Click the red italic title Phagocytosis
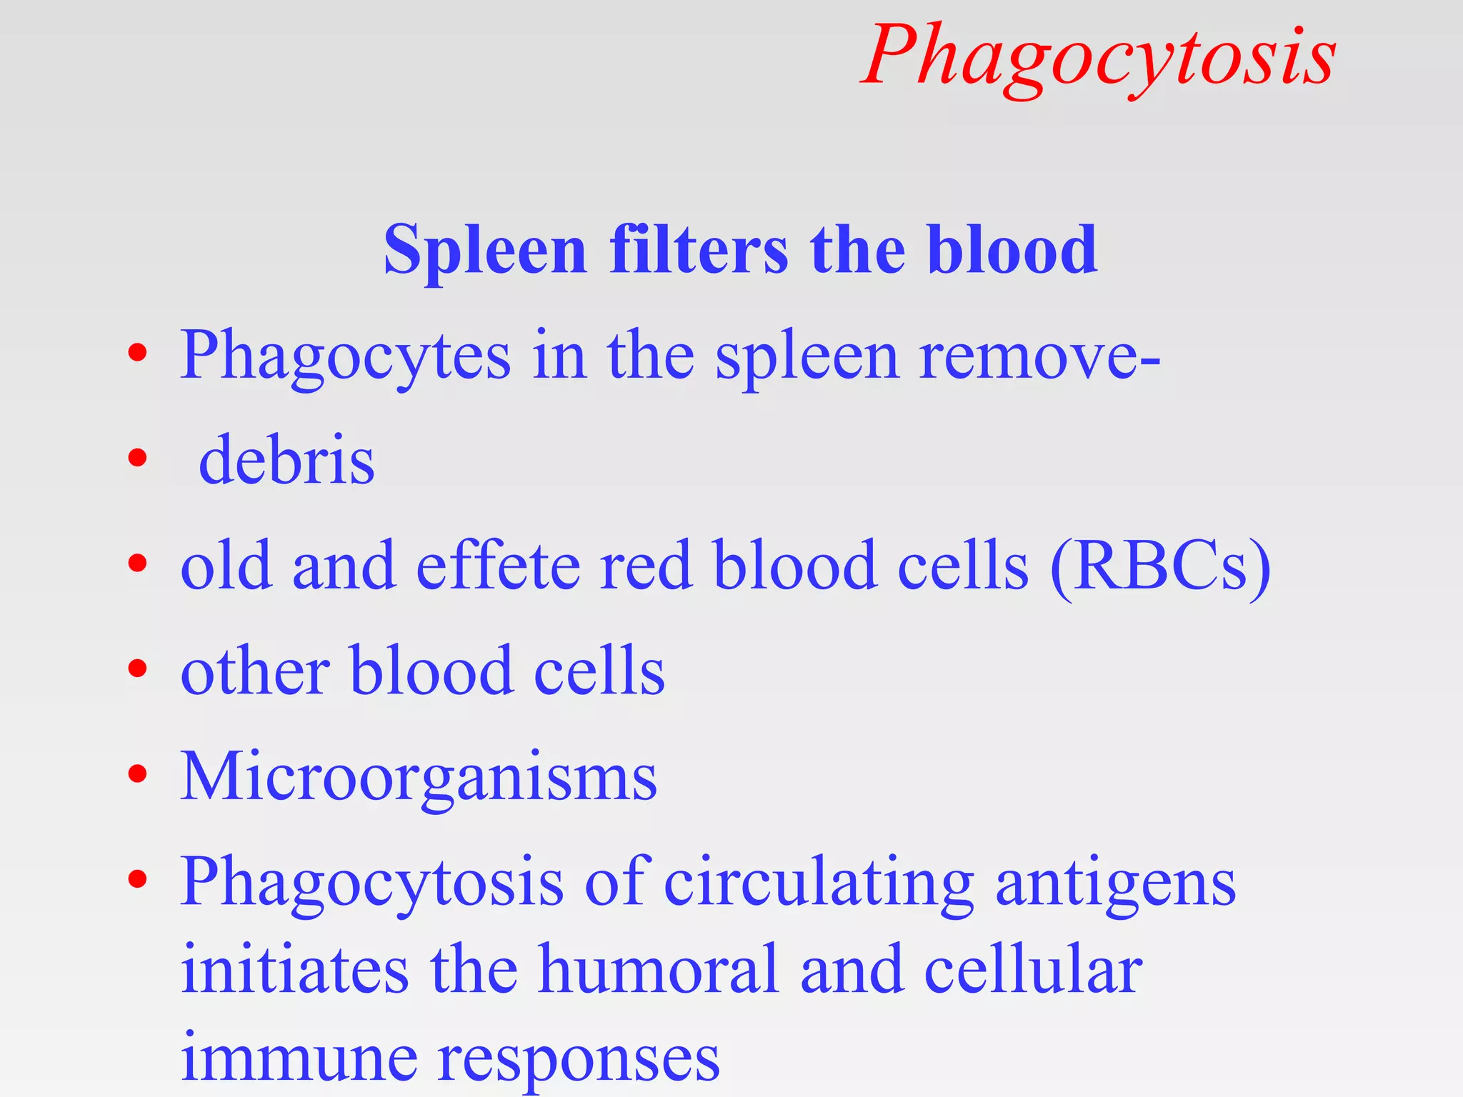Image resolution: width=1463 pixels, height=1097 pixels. tap(1099, 57)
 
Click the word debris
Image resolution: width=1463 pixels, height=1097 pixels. tap(286, 460)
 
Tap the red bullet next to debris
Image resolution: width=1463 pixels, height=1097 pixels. tap(137, 458)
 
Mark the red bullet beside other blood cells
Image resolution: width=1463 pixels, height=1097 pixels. tap(137, 669)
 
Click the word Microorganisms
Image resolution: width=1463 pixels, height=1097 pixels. tap(419, 776)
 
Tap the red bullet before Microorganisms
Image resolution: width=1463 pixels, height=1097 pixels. tap(137, 773)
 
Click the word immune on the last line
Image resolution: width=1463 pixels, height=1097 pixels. tap(299, 1058)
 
